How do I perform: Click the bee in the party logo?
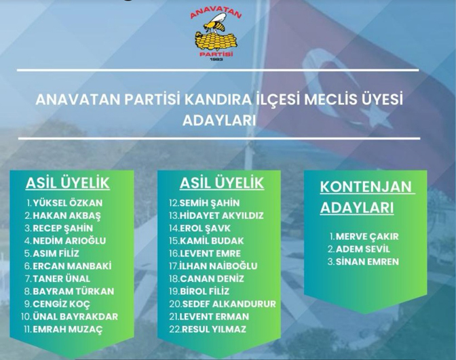click(x=215, y=24)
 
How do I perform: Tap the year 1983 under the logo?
click(x=216, y=59)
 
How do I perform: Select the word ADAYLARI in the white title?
click(x=219, y=121)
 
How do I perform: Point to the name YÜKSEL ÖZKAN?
click(x=68, y=203)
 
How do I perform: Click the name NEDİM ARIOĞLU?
click(x=69, y=241)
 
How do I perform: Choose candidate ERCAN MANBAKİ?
click(x=72, y=266)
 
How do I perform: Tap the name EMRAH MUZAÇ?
click(x=68, y=329)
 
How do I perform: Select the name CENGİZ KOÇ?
click(x=61, y=304)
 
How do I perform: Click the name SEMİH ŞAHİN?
click(x=210, y=203)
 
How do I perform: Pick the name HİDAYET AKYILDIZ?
click(x=222, y=216)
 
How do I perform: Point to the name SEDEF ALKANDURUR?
click(x=229, y=304)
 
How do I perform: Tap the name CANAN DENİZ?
click(x=212, y=279)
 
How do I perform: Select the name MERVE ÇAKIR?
click(x=367, y=237)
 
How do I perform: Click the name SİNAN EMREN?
click(x=367, y=262)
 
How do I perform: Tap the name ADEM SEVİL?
click(x=363, y=249)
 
